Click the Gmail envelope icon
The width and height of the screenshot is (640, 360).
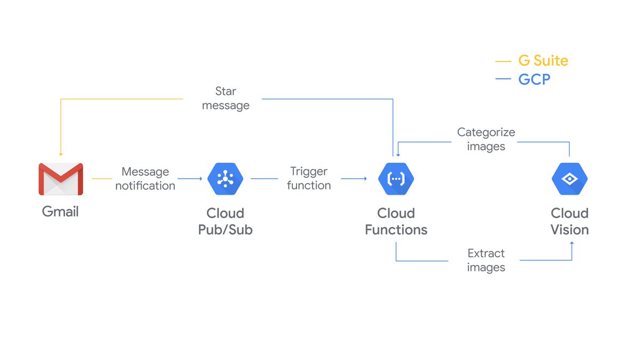click(61, 179)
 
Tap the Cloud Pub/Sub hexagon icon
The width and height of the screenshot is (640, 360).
click(225, 179)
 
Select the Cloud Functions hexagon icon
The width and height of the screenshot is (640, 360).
click(396, 179)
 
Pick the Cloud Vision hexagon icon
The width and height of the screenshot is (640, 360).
click(569, 179)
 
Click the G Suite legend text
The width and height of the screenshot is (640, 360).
click(543, 61)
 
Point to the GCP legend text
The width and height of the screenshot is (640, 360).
click(534, 80)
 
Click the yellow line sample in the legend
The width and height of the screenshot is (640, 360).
click(503, 61)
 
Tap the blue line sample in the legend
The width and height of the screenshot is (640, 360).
click(503, 80)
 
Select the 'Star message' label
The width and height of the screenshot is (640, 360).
click(226, 99)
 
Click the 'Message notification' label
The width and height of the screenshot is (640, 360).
click(145, 179)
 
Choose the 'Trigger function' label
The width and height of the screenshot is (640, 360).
click(309, 179)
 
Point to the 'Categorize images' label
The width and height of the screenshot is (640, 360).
click(486, 139)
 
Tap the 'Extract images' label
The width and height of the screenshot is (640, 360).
click(486, 260)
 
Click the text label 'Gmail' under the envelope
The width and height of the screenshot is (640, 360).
click(60, 212)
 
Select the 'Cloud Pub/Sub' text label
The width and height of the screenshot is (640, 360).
click(225, 221)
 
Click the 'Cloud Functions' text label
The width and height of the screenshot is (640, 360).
click(396, 221)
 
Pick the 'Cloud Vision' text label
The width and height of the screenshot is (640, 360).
click(569, 221)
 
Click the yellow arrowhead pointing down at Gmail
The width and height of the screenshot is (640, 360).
click(61, 154)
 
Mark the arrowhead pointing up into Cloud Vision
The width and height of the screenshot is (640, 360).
click(572, 243)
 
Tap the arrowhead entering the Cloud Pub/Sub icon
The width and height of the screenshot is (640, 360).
click(200, 179)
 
